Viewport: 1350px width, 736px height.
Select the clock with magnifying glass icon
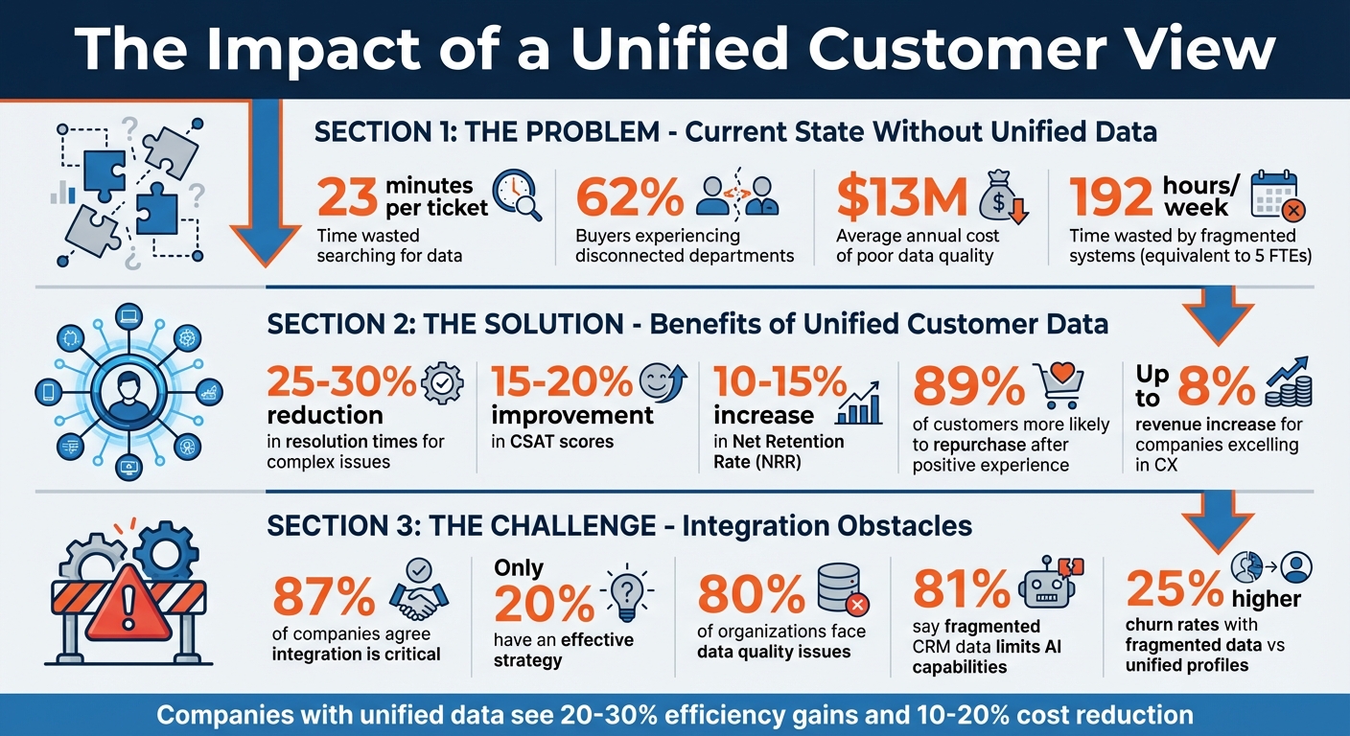pos(517,195)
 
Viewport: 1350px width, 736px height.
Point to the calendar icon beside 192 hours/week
pos(1275,196)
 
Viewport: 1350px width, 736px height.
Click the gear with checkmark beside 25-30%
pos(442,384)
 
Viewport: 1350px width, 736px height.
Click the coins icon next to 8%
pos(1288,385)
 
